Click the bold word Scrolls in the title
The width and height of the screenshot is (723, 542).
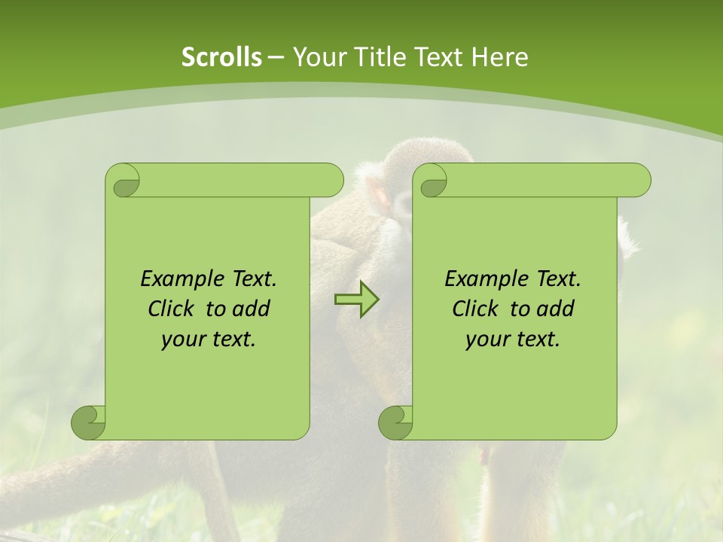coord(222,56)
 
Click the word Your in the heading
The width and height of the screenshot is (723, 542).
coord(315,56)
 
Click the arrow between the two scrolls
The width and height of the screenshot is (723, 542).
coord(356,299)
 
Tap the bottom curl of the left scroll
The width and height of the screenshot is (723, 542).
coord(89,422)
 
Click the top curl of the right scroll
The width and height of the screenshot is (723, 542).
coord(433,181)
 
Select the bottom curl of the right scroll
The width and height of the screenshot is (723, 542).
coord(395,422)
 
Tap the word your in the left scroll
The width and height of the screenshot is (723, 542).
coord(182,340)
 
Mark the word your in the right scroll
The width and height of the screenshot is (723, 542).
coord(486,340)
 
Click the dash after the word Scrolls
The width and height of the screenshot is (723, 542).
coord(276,56)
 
